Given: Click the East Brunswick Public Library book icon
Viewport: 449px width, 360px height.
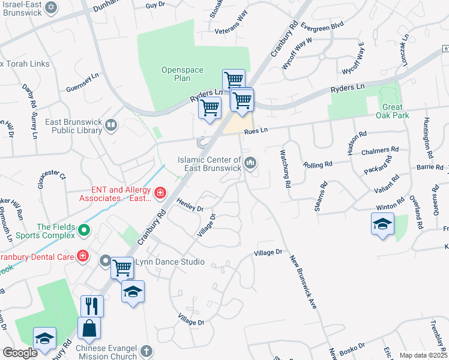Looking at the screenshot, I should (x=110, y=125).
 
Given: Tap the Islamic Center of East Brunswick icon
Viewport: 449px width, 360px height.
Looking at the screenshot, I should (x=250, y=163).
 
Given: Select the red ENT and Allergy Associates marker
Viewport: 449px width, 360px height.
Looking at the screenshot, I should (x=160, y=193).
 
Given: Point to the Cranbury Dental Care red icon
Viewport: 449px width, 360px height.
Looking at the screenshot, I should (x=83, y=257).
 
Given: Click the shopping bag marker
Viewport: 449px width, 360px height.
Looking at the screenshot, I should (x=89, y=328).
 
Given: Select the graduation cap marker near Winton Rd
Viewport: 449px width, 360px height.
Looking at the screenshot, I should (x=382, y=224).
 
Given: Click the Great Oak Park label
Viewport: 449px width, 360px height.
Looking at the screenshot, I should (x=393, y=112).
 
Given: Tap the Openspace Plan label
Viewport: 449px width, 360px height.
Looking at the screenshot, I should (x=176, y=74).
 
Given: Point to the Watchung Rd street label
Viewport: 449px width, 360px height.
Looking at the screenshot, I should (x=286, y=167).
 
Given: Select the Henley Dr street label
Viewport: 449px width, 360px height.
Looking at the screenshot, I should (x=190, y=206).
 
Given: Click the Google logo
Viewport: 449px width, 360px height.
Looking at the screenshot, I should (x=20, y=352).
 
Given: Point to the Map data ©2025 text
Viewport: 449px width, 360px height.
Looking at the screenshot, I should (x=424, y=355).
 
